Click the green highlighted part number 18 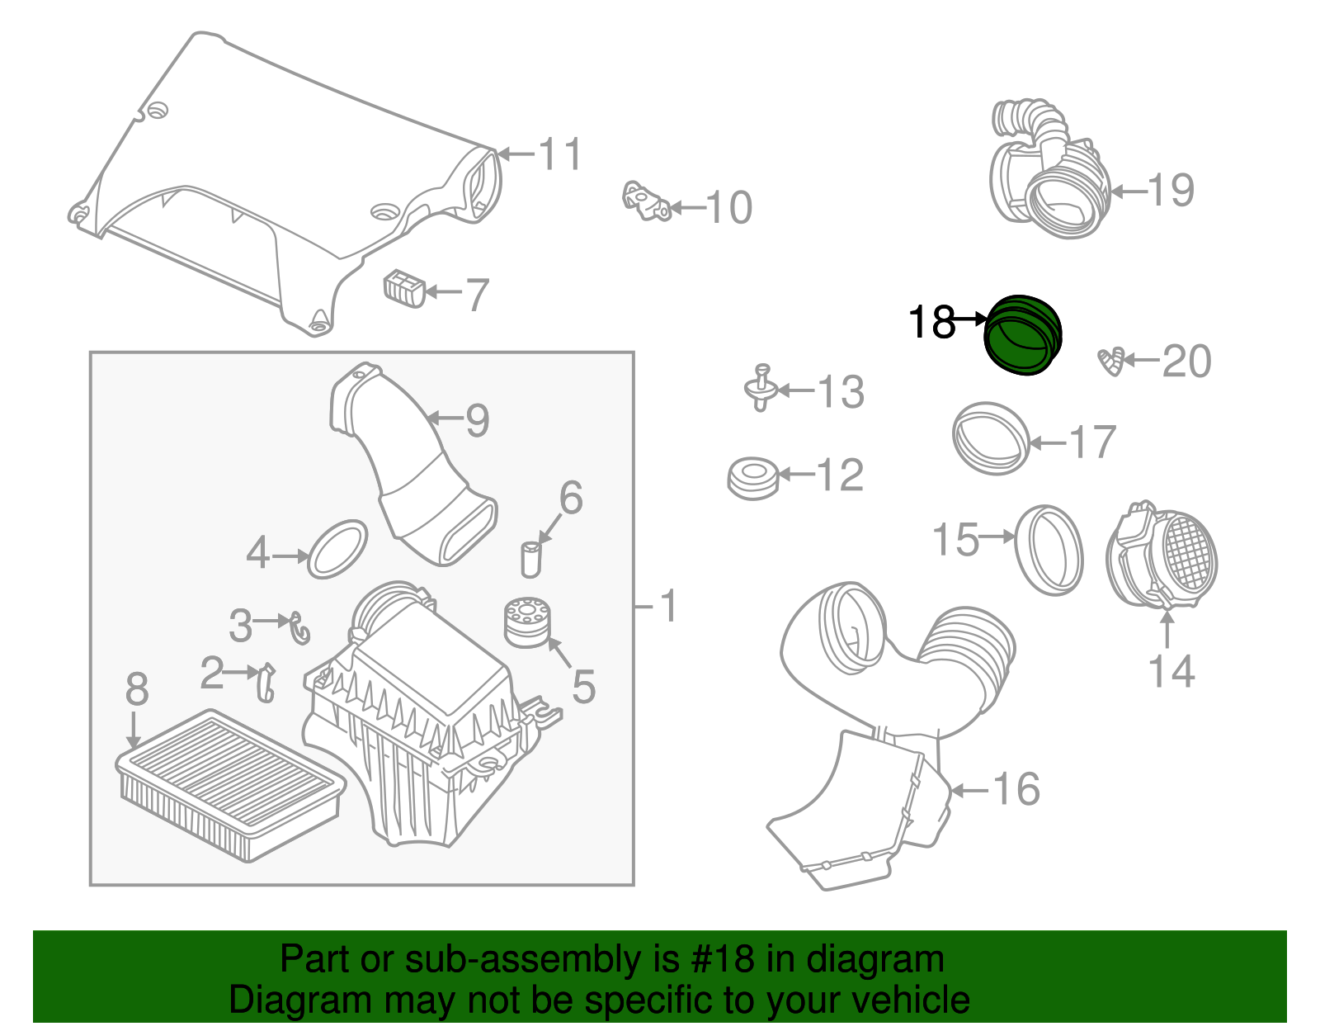click(x=1023, y=335)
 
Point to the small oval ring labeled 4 click(x=337, y=549)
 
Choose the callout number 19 click(x=1171, y=190)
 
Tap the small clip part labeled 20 click(x=1111, y=362)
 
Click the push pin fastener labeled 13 click(x=761, y=388)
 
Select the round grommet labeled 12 click(x=753, y=478)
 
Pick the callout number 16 click(x=1016, y=789)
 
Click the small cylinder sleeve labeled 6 click(x=531, y=559)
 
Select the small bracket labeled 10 click(x=646, y=201)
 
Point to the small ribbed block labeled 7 click(x=404, y=289)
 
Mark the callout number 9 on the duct click(x=478, y=420)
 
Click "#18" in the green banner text click(x=723, y=960)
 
